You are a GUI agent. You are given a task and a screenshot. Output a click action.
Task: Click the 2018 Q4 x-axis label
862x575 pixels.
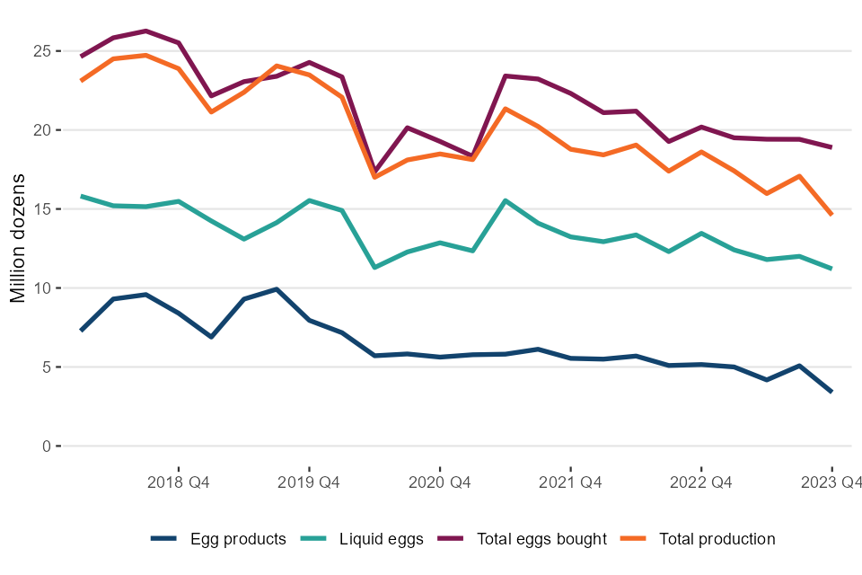point(179,482)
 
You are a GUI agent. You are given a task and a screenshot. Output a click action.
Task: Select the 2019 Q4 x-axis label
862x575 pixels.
point(309,482)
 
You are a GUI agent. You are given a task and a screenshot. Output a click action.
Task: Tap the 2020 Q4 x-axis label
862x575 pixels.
point(440,482)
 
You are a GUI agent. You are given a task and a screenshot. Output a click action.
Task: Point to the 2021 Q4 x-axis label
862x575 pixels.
point(570,482)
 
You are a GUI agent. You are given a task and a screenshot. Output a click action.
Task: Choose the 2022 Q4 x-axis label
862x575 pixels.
point(701,482)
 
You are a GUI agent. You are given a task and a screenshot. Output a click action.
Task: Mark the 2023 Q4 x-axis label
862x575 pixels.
point(831,482)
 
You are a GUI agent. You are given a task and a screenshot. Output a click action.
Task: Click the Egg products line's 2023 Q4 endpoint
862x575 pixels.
point(831,392)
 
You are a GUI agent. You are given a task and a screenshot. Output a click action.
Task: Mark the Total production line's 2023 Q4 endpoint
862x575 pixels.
point(831,215)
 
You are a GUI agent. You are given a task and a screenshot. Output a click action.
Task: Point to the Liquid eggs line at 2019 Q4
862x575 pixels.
point(309,200)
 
